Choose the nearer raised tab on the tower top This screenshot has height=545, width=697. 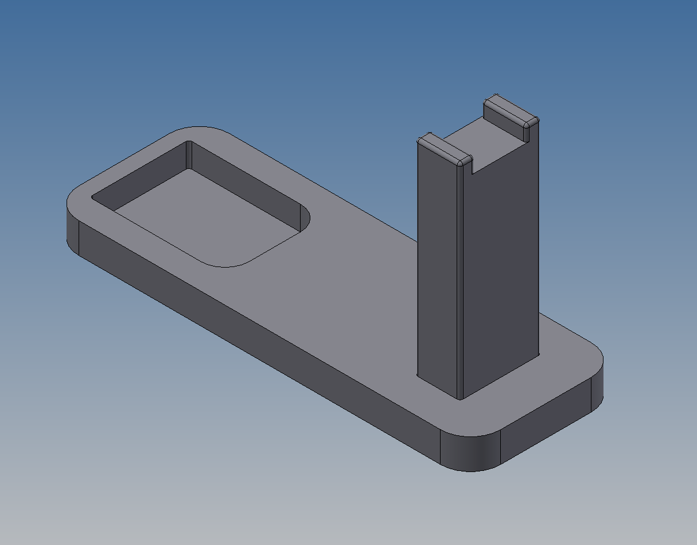[445, 149]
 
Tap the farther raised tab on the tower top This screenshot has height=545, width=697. [511, 111]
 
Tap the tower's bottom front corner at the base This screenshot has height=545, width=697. [461, 398]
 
